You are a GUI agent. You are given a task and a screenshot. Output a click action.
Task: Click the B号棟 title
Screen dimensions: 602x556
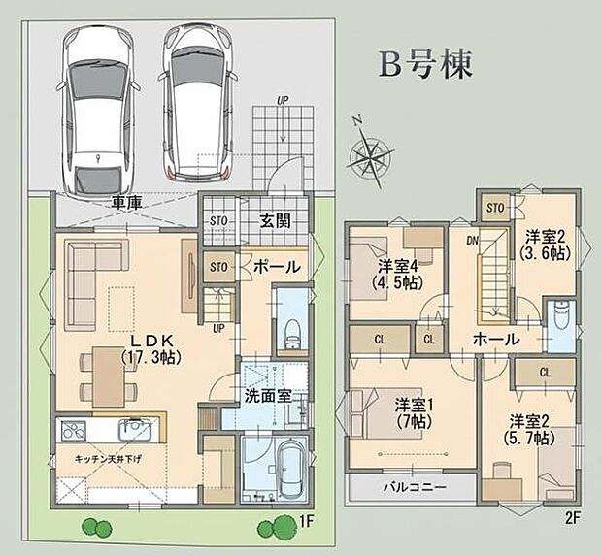tap(425, 65)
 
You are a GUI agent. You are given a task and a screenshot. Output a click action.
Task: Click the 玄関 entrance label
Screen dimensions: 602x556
tap(276, 220)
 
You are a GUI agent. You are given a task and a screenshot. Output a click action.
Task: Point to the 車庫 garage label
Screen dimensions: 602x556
tap(126, 201)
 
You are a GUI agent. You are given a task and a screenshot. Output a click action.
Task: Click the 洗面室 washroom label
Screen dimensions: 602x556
tap(268, 396)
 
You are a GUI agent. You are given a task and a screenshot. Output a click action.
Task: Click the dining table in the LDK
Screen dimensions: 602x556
tap(109, 376)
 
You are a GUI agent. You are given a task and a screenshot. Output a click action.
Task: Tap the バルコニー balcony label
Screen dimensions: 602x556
tap(416, 487)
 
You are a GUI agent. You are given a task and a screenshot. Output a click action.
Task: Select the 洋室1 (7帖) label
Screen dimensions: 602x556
tap(415, 412)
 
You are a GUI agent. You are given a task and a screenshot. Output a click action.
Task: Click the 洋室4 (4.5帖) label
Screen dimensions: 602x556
tap(398, 274)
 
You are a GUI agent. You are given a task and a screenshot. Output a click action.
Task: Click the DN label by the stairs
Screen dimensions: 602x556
tap(472, 241)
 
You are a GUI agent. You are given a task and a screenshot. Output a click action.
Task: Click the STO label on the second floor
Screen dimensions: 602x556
tap(495, 208)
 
